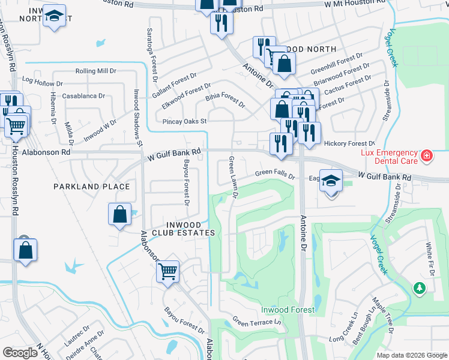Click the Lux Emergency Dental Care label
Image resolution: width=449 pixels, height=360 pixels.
click(x=390, y=157)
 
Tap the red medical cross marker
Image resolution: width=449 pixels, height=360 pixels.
click(x=427, y=157)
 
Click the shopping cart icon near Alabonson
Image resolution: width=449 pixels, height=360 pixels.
click(x=168, y=271)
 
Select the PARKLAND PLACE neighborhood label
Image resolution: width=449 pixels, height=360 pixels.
click(x=91, y=187)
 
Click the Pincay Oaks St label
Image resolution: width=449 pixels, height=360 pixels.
click(x=184, y=121)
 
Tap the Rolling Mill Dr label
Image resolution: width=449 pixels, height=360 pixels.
click(x=95, y=71)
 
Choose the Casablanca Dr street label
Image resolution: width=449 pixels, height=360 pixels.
click(x=83, y=95)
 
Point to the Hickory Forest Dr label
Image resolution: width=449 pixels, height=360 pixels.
click(x=349, y=143)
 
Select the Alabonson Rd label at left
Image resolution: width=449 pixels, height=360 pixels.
click(x=46, y=152)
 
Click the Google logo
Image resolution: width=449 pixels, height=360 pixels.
click(x=20, y=352)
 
